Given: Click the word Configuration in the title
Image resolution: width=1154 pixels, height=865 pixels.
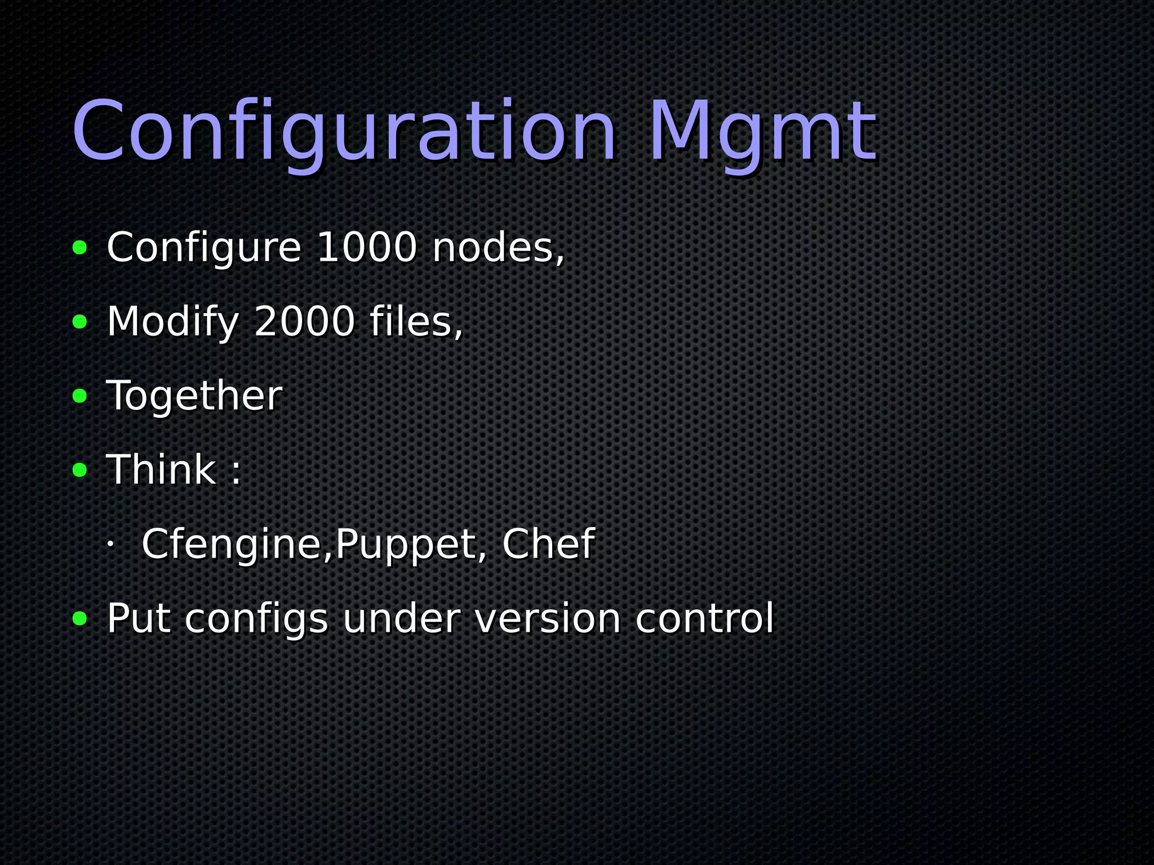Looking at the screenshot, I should click(344, 132).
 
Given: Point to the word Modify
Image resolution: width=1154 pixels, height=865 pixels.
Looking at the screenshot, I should click(173, 322).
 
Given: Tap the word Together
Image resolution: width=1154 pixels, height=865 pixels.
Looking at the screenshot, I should click(194, 396).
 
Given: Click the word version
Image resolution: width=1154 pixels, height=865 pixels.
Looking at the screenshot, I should click(548, 618).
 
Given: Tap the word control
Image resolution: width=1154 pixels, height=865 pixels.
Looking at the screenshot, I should click(704, 618).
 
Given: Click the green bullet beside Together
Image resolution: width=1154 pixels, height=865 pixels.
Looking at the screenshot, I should click(80, 396).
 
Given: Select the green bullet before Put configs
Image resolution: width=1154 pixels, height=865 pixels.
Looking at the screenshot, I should click(80, 619).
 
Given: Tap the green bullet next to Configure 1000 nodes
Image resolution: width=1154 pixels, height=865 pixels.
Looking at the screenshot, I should click(80, 248).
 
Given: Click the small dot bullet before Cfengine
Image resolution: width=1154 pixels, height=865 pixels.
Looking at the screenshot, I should click(110, 545).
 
